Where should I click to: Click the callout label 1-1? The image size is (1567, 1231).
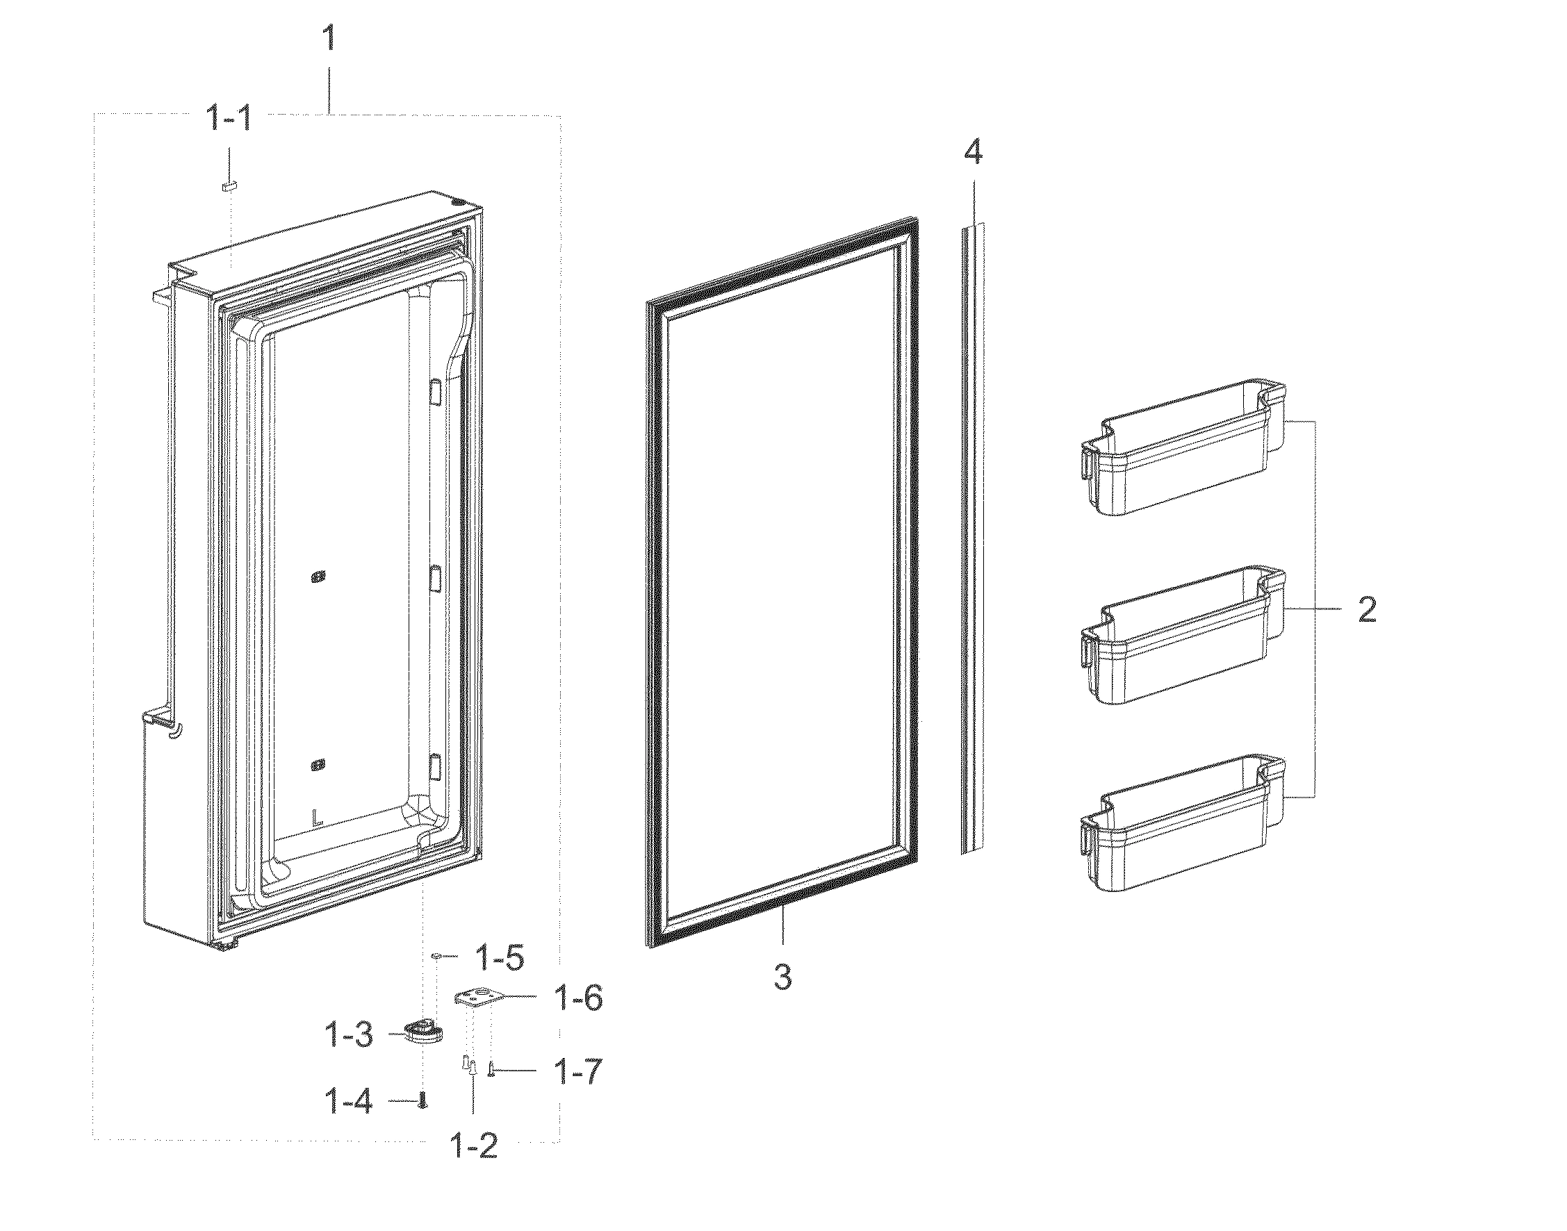point(229,117)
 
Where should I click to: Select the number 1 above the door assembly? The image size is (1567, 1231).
point(329,38)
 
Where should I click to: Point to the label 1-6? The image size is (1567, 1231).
point(578,998)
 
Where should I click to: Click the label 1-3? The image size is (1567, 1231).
point(348,1036)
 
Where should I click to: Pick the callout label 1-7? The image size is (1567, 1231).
point(577,1072)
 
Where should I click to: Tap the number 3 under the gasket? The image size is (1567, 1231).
point(782,978)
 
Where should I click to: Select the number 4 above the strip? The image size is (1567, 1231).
point(973,153)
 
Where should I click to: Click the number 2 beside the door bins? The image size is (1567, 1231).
point(1367,610)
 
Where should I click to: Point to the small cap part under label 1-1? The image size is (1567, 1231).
point(229,187)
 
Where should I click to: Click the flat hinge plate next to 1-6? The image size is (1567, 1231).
point(476,998)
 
